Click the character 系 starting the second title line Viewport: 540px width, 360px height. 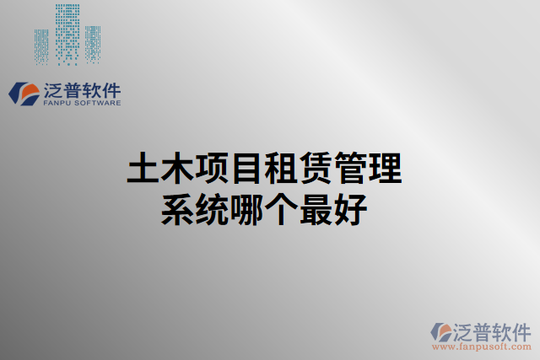pos(176,209)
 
